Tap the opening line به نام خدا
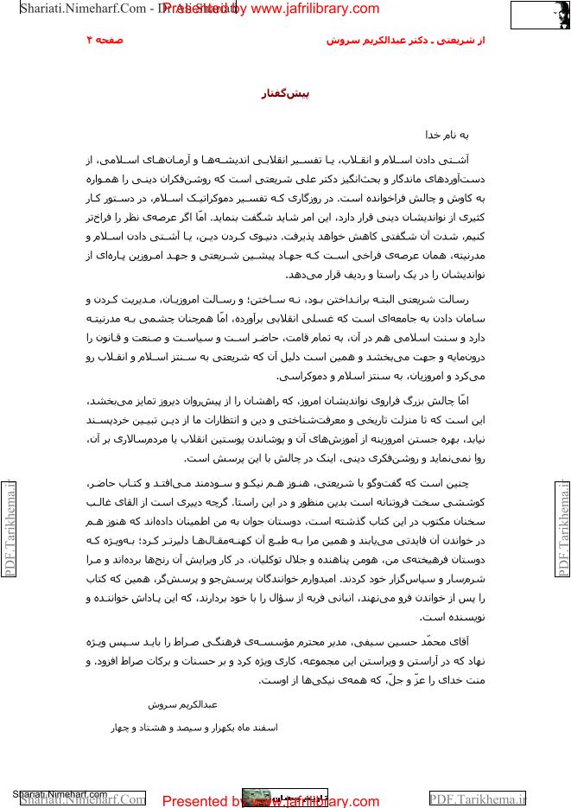click(x=446, y=136)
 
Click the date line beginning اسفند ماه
click(x=194, y=728)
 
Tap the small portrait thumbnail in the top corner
click(x=551, y=16)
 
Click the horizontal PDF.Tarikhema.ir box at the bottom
click(x=478, y=798)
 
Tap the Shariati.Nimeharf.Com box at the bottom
click(x=82, y=798)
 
